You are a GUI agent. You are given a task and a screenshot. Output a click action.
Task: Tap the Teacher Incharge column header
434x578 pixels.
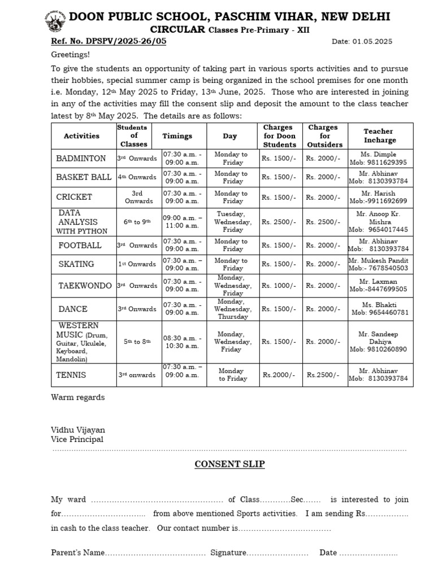(380, 136)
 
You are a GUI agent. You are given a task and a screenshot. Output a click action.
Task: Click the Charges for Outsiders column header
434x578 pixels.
(325, 136)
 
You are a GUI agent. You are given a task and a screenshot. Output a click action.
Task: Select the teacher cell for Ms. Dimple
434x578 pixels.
(380, 159)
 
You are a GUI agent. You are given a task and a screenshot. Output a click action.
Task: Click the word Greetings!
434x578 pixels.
(71, 55)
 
